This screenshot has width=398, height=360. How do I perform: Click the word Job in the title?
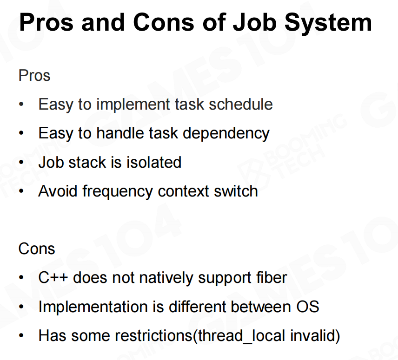[255, 22]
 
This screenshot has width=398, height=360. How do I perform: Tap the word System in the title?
[328, 23]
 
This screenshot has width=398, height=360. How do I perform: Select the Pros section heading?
[34, 75]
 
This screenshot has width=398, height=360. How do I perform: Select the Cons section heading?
[37, 249]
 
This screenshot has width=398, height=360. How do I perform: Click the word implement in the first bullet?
[133, 105]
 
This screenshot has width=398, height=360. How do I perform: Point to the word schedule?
[241, 104]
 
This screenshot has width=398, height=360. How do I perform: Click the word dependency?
[226, 133]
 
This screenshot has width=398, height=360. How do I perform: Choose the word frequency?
[118, 191]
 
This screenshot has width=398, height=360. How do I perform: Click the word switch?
[236, 191]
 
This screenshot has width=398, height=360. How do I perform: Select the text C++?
[53, 277]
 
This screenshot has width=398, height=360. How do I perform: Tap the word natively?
[166, 278]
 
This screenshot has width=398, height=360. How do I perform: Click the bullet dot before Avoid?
[21, 191]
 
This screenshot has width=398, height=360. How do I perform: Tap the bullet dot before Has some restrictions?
[21, 336]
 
